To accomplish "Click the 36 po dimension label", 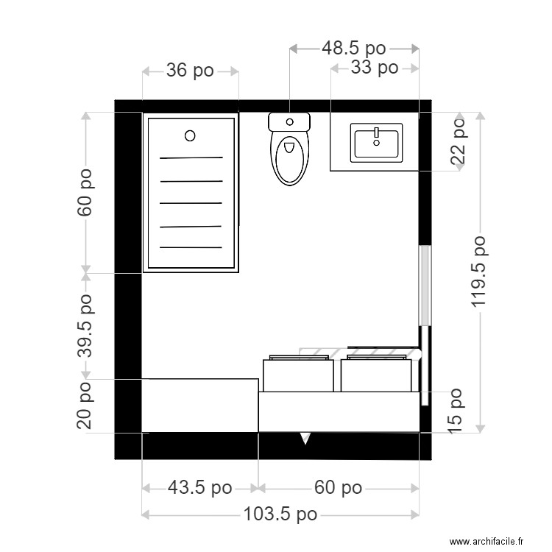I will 190,71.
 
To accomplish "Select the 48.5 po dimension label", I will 354,49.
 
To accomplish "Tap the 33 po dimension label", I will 375,68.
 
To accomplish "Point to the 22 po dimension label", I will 459,141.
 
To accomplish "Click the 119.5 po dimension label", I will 479,272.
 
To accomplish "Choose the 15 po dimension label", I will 457,409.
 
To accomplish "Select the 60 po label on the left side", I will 86,193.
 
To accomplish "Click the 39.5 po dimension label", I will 86,326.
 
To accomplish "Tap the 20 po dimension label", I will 86,406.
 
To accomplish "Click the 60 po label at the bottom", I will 338,488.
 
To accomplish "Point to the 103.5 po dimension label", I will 280,514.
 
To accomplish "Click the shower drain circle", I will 190,135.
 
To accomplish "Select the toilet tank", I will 289,121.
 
